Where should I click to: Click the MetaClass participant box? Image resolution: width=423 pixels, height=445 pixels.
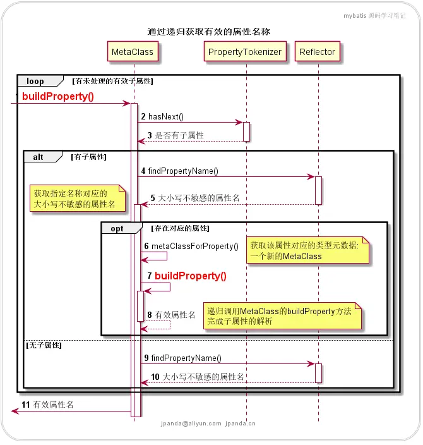[133, 52]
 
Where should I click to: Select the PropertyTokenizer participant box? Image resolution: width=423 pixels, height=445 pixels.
[245, 52]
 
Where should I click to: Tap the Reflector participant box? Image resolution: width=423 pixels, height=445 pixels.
[318, 52]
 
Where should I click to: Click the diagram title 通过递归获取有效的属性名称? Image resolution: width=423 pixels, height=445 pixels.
[209, 31]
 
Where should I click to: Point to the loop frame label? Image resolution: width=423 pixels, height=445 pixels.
[35, 81]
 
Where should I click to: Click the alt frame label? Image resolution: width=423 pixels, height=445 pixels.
[39, 157]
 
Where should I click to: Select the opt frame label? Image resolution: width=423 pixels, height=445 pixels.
[117, 228]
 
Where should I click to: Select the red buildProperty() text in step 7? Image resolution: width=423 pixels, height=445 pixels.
[190, 276]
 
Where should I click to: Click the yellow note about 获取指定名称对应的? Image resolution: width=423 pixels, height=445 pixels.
[78, 199]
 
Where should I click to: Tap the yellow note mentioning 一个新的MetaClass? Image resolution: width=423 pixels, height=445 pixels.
[307, 250]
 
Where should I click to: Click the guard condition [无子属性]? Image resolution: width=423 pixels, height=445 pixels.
[44, 345]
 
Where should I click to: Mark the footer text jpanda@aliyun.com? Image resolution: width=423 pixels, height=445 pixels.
[190, 424]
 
